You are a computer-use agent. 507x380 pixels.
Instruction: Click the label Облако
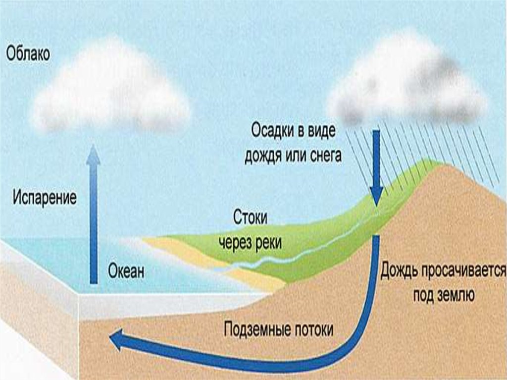pos(28,54)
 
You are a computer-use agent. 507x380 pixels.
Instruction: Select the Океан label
pos(126,271)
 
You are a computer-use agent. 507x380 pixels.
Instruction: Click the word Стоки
pos(250,218)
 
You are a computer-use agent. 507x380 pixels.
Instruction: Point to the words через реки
pos(251,243)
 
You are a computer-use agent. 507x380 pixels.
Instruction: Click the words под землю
pos(444,296)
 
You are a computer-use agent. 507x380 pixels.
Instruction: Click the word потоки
pos(316,329)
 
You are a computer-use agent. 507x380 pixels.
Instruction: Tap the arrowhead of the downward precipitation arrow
pos(376,198)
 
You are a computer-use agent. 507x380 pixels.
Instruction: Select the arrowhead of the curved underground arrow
pos(117,341)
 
